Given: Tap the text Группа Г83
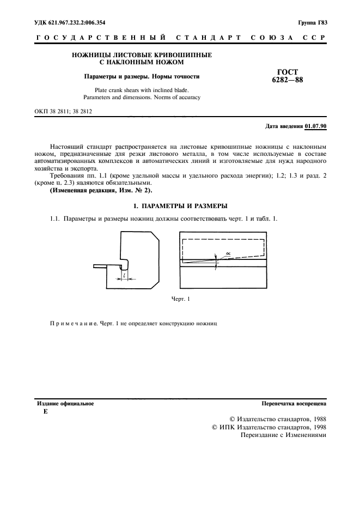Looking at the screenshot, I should click(312, 23).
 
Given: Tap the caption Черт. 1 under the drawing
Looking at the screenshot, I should click(180, 299).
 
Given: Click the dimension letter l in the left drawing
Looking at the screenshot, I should click(125, 276).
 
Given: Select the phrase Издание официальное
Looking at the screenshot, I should click(65, 404).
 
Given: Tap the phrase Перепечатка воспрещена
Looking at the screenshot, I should click(294, 404).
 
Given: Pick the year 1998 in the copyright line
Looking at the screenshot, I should click(316, 428).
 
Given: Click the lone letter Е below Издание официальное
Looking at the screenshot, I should click(45, 412).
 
